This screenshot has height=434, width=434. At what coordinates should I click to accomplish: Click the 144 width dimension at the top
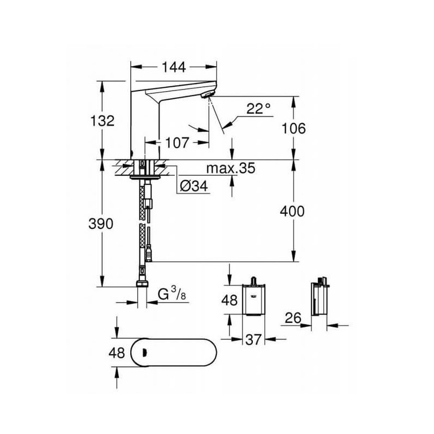(x=174, y=67)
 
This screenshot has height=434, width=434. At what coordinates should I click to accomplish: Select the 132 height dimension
(x=103, y=121)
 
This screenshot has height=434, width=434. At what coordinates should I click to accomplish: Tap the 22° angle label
(x=259, y=109)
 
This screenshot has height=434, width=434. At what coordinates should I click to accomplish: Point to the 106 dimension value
(x=293, y=129)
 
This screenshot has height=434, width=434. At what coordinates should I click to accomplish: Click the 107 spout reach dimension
(x=177, y=143)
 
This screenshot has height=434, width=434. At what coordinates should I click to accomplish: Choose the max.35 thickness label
(x=231, y=168)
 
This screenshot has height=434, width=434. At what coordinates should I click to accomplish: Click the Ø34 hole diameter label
(x=194, y=186)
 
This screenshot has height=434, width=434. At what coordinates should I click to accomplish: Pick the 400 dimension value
(x=292, y=211)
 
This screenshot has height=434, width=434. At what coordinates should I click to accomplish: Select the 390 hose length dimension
(x=101, y=224)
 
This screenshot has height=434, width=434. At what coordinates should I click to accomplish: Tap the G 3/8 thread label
(x=171, y=293)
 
